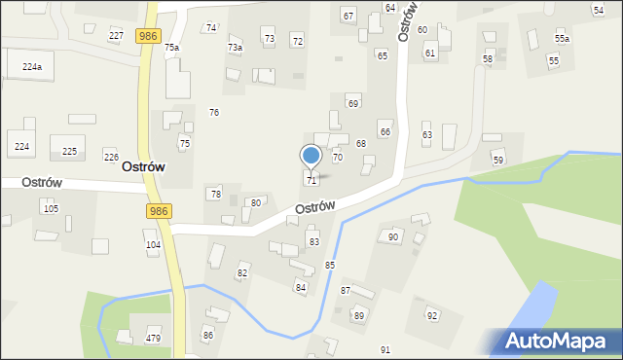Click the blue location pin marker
tap(311, 156)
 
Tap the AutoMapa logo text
tap(556, 342)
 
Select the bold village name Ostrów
tap(142, 166)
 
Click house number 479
tap(153, 338)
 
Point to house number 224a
tap(32, 66)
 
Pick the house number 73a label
tap(235, 47)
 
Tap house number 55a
tap(562, 38)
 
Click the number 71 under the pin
tap(311, 180)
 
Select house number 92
tap(432, 315)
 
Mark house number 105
tap(51, 208)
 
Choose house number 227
tap(116, 35)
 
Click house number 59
tap(497, 160)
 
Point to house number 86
tap(207, 335)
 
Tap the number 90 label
tap(393, 236)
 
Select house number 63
tap(426, 134)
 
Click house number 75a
tap(171, 47)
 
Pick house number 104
tap(153, 244)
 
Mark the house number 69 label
tap(353, 103)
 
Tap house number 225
tap(69, 151)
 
